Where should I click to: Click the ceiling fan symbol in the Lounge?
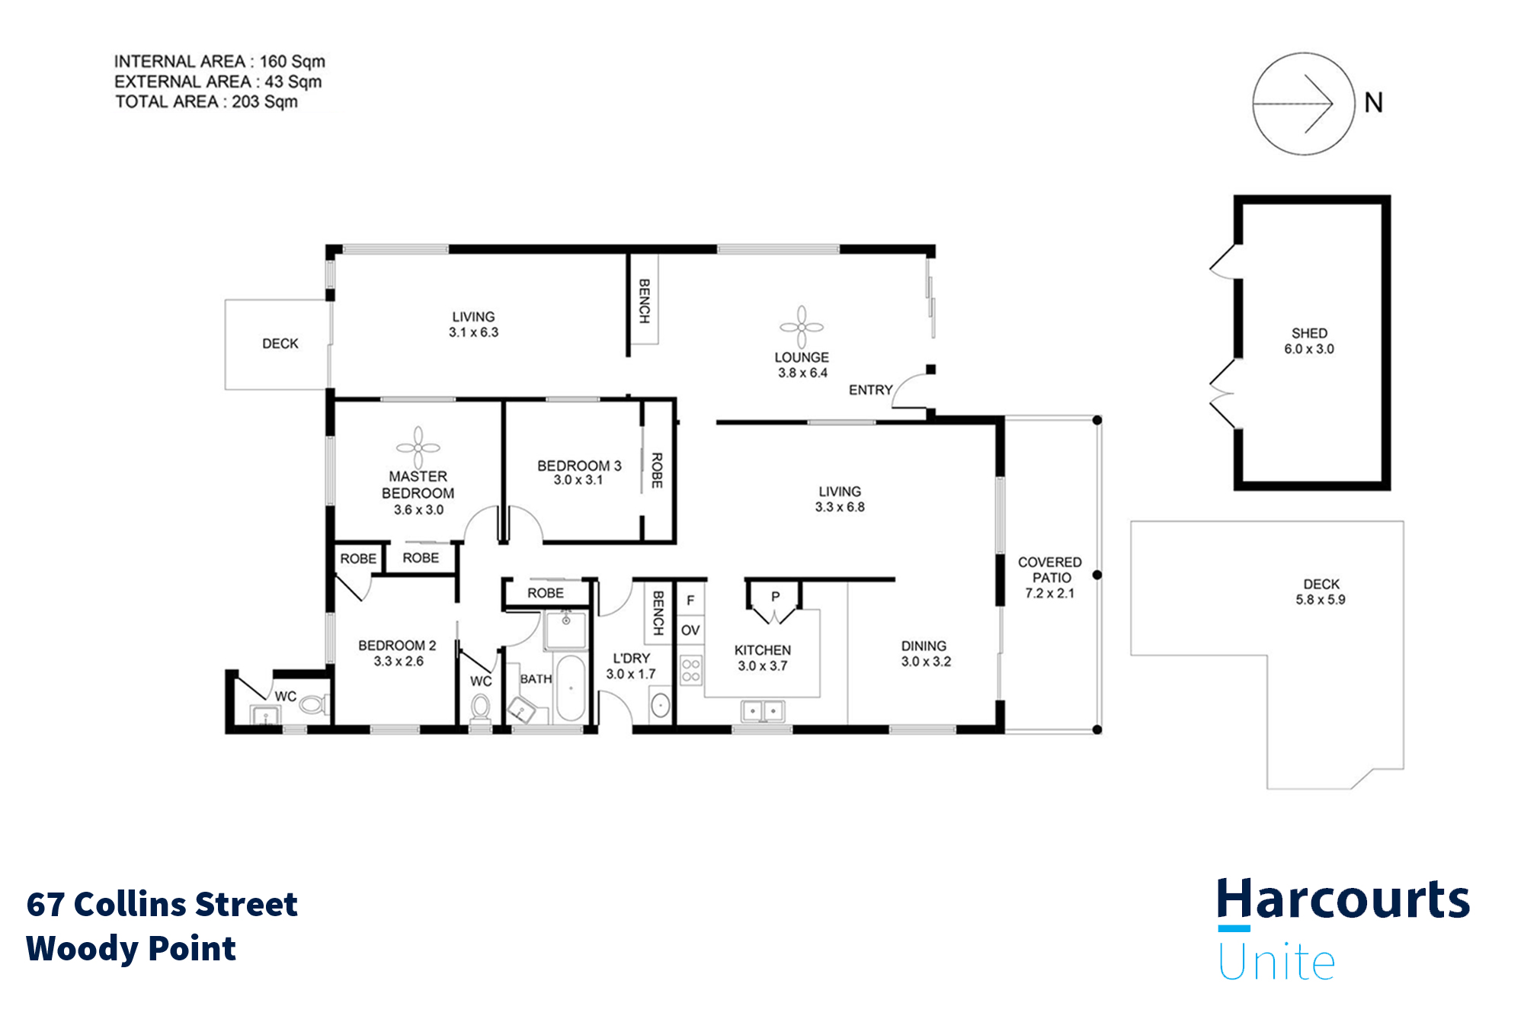click(802, 327)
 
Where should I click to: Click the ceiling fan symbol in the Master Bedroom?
click(418, 447)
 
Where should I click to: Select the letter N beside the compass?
click(1373, 103)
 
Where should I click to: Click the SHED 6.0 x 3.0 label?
click(1309, 341)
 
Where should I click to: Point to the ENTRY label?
click(870, 390)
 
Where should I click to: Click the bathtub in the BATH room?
click(570, 687)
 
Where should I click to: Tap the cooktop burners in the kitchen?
click(691, 671)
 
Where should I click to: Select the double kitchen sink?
click(763, 711)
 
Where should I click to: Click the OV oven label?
click(690, 630)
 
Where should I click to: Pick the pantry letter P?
click(775, 597)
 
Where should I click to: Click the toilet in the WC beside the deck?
click(312, 704)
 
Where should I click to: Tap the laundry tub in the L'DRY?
click(660, 705)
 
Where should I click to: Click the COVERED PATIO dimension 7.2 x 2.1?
click(1049, 593)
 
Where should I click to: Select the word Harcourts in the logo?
click(1343, 900)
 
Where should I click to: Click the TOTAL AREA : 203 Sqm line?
click(207, 102)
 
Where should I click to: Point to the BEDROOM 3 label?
click(579, 466)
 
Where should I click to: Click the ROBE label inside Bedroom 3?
click(657, 470)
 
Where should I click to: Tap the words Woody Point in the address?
click(131, 948)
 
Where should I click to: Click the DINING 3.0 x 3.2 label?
click(925, 653)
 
